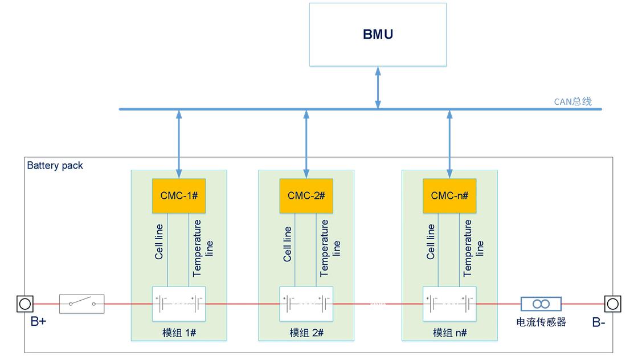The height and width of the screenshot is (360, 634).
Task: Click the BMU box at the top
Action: click(378, 34)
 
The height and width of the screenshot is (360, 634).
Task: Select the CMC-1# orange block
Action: click(179, 196)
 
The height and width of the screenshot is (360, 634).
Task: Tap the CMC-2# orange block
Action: click(306, 196)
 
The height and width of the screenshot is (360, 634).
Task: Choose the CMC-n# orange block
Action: click(449, 196)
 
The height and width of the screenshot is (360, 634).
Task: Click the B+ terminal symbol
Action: click(24, 304)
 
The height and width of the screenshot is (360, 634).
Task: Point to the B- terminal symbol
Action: click(612, 304)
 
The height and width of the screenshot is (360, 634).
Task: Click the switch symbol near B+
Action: click(82, 304)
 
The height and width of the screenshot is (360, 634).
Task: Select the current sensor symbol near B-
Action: click(541, 304)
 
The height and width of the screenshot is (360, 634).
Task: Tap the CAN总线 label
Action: click(572, 102)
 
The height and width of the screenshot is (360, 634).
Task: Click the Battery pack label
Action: click(55, 166)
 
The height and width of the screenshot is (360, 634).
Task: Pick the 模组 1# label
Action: click(179, 333)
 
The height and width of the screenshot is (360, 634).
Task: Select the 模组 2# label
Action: click(306, 333)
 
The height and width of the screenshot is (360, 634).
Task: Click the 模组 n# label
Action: click(449, 333)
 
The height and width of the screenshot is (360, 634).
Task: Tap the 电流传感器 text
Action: click(541, 322)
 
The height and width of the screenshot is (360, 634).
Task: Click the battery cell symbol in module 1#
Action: click(179, 304)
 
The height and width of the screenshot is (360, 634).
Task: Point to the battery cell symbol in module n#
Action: click(449, 304)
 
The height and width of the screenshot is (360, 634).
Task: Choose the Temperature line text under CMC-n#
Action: click(473, 248)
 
